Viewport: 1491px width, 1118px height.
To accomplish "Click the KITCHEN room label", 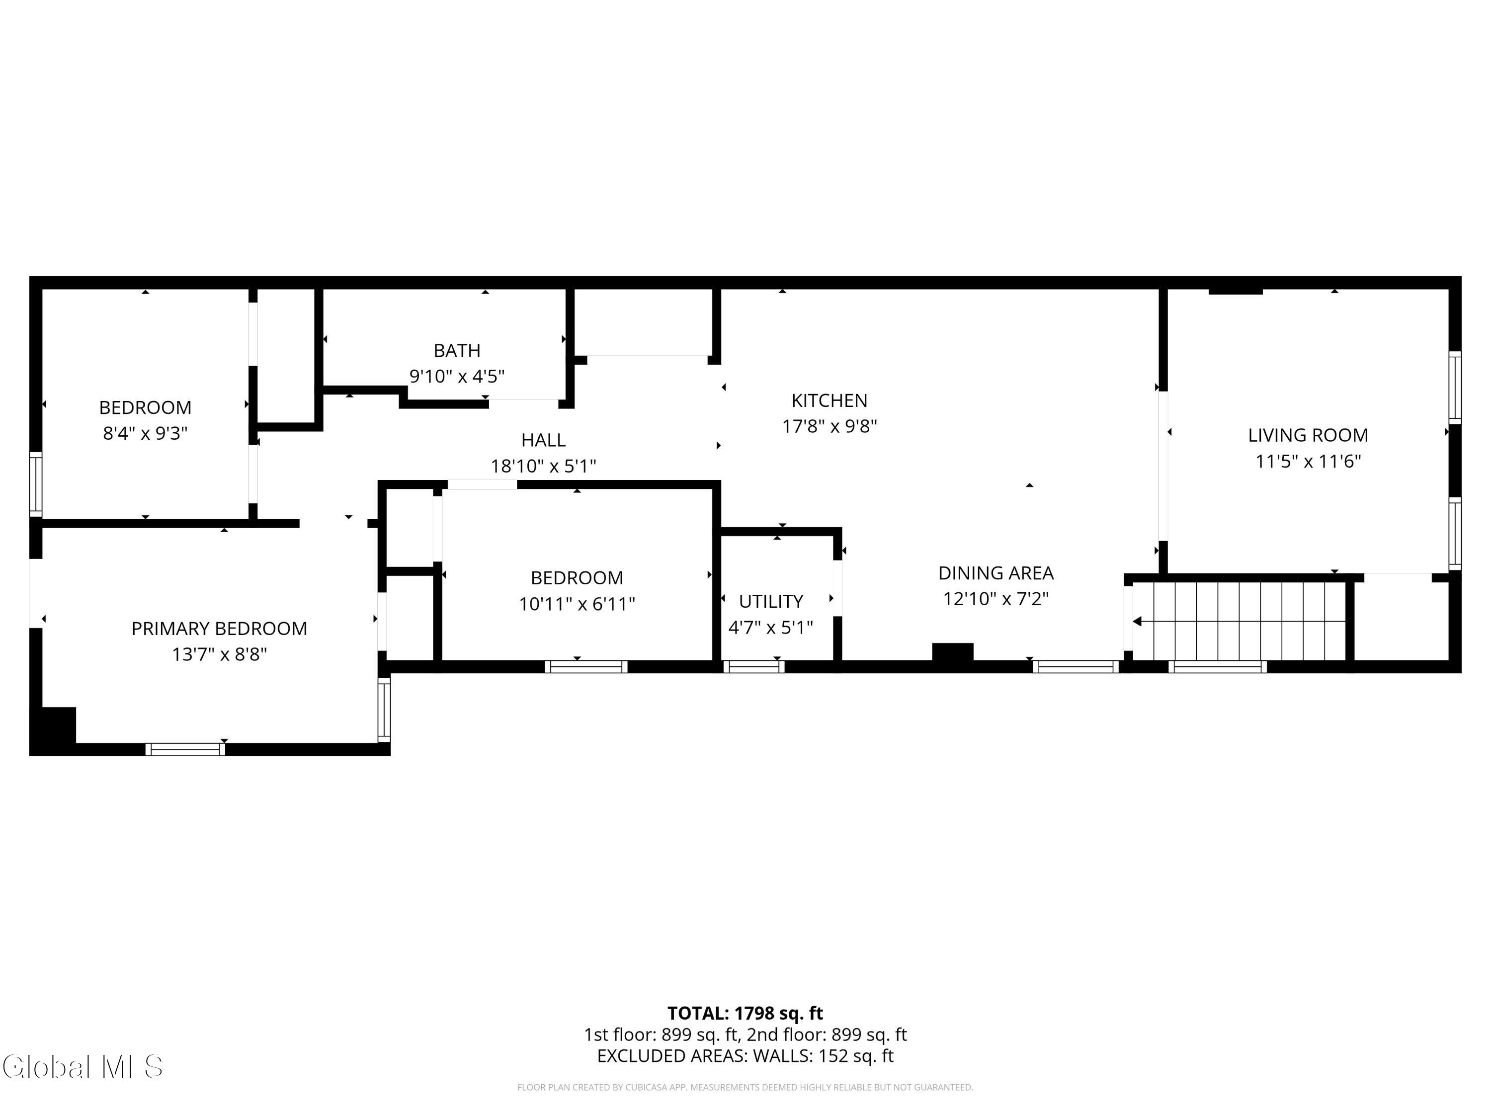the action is click(x=829, y=400).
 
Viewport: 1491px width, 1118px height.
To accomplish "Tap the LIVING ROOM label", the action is click(x=1308, y=435).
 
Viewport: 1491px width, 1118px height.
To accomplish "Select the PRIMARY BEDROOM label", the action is click(x=219, y=629).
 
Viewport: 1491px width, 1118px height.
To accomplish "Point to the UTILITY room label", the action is click(x=771, y=601).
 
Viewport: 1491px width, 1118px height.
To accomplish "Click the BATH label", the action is click(x=457, y=350).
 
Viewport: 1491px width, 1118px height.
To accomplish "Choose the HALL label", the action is click(x=543, y=440).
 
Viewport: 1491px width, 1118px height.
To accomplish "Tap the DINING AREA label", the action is click(x=995, y=573).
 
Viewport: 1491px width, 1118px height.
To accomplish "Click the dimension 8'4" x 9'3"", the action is click(x=145, y=433).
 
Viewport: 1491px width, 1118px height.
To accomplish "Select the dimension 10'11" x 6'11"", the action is click(x=577, y=604).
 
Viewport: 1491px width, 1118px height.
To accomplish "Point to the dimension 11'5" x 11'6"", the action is click(x=1308, y=461).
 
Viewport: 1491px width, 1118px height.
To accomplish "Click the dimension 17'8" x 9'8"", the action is click(x=829, y=426).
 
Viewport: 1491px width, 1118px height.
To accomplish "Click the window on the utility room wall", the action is click(x=753, y=666).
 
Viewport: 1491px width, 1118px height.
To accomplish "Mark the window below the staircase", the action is click(x=1217, y=666).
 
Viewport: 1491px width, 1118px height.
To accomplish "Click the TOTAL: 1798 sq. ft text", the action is click(x=745, y=1013).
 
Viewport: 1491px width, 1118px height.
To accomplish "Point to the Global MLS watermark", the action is click(x=82, y=1066).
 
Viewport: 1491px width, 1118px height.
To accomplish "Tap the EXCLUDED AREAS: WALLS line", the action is click(x=745, y=1055).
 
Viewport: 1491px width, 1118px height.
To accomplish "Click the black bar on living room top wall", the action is click(x=1236, y=291).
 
